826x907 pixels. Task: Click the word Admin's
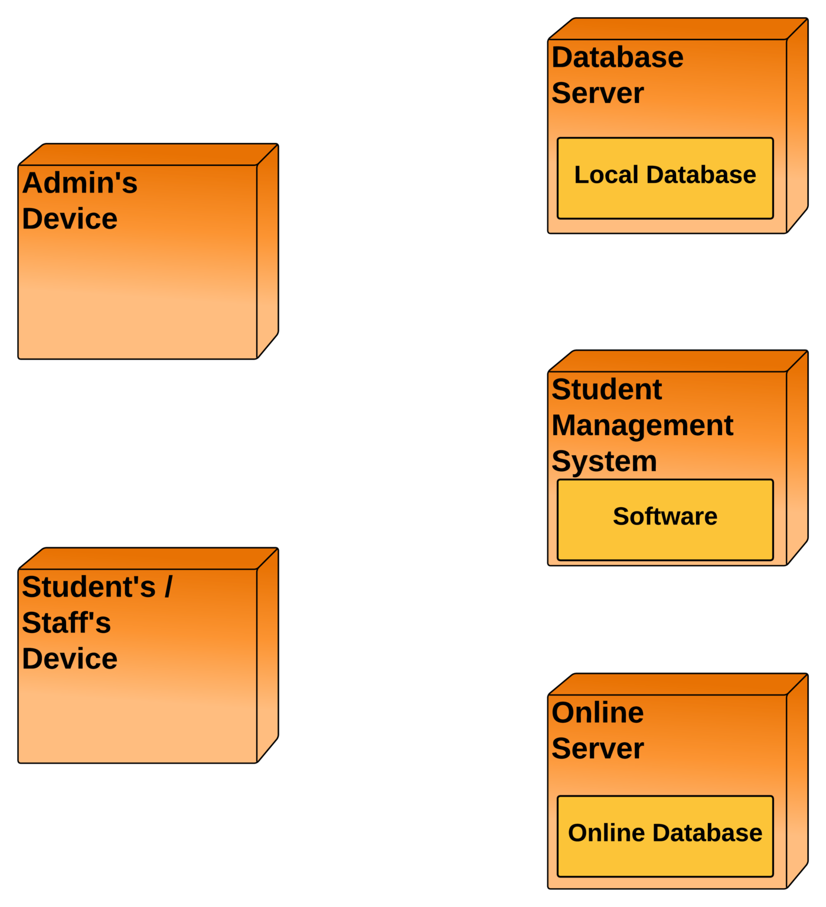80,183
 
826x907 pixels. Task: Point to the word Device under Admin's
70,219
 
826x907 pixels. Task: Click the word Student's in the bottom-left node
89,587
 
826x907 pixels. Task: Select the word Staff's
66,623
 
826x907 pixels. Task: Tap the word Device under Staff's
70,659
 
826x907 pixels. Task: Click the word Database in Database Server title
618,58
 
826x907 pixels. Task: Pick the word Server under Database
598,93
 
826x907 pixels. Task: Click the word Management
642,426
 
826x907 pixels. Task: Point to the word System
604,462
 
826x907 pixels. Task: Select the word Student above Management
606,390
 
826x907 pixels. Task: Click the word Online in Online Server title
598,713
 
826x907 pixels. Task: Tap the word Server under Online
598,749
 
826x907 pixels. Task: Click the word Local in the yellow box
606,175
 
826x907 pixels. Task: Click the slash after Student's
168,587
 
